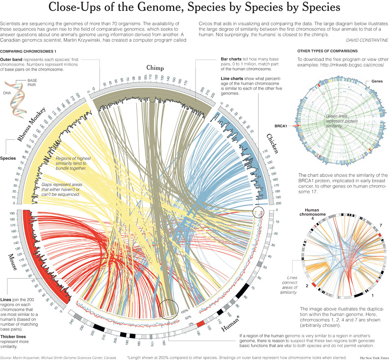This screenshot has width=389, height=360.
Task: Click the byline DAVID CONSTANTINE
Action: click(x=367, y=40)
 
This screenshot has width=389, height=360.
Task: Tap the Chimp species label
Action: click(x=155, y=68)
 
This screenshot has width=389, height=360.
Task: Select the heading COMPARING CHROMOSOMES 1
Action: click(x=28, y=51)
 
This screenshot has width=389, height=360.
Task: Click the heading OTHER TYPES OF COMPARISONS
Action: click(x=327, y=51)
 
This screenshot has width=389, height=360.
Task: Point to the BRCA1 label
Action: click(x=281, y=126)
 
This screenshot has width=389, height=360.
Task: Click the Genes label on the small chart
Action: click(x=377, y=82)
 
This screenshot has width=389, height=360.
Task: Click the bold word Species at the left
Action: click(x=8, y=158)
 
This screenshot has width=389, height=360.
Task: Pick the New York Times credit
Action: click(x=373, y=358)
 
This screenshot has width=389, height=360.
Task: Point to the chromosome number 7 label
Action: click(x=381, y=226)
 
